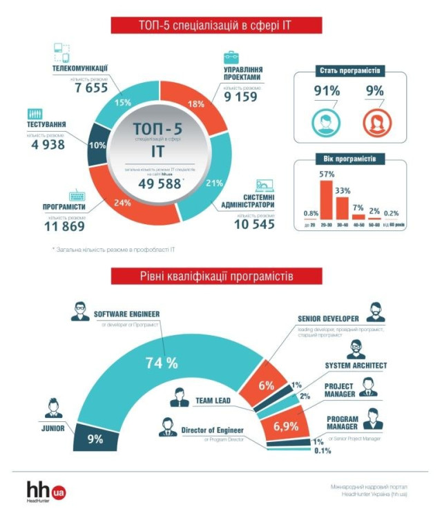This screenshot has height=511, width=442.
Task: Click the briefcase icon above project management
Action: [230, 57]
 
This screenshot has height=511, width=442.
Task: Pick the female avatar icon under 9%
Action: [374, 122]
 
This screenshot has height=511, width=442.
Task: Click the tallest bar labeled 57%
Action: [327, 201]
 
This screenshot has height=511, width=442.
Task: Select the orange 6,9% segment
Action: [284, 425]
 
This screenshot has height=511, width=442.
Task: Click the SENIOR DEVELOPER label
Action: [328, 319]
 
